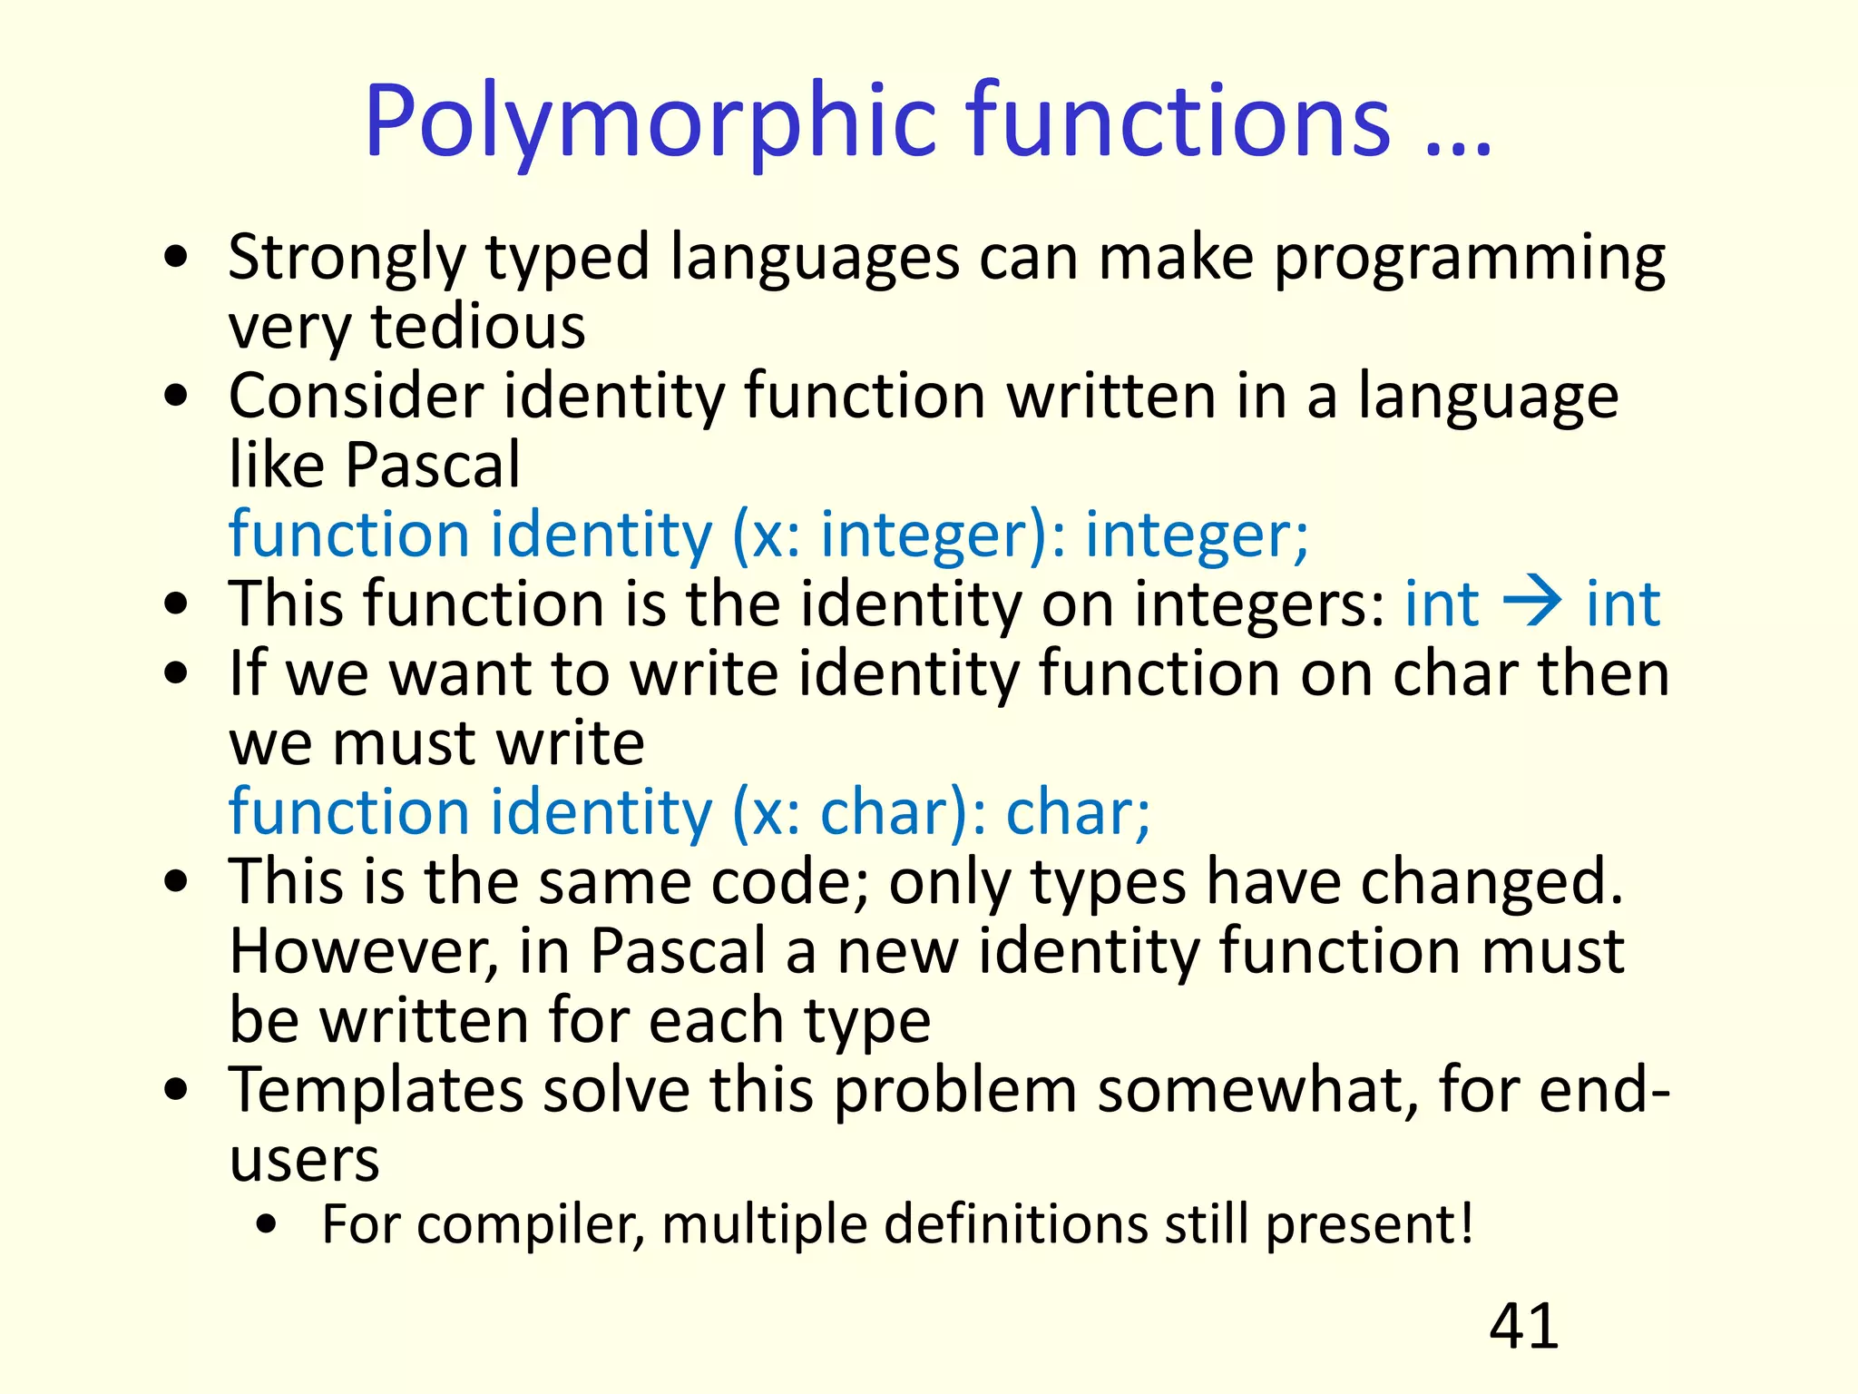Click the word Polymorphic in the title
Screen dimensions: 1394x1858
coord(650,123)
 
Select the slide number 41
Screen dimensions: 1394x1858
coord(1523,1327)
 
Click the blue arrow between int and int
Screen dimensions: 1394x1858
coord(1532,603)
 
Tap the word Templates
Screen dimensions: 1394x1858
coord(376,1091)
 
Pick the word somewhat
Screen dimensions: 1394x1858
coord(1257,1091)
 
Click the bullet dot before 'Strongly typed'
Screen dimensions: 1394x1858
coord(177,257)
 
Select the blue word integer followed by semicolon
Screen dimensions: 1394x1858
coord(1196,535)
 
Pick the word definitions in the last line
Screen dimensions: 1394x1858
coord(1016,1225)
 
